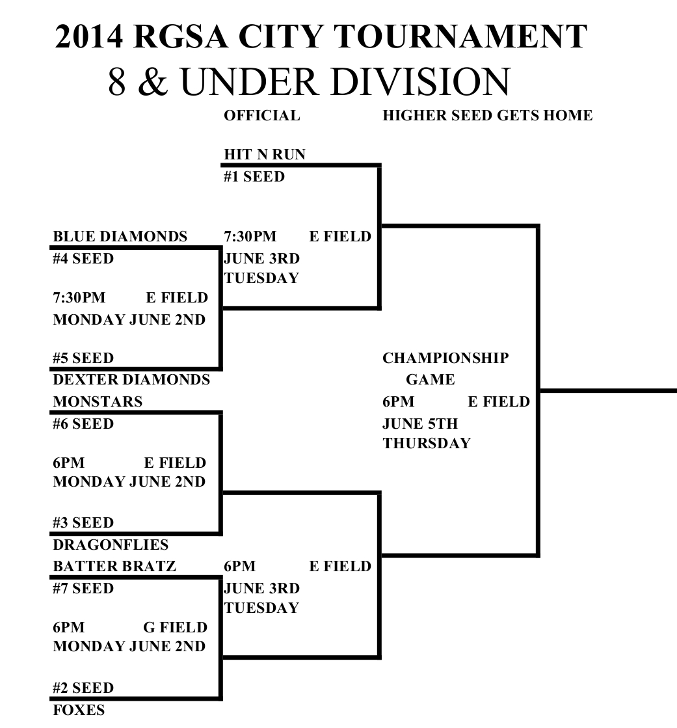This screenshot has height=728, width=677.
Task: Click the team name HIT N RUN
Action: coord(264,155)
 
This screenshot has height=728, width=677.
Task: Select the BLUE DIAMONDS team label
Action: coord(120,237)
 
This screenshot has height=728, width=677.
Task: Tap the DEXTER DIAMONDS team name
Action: coord(131,380)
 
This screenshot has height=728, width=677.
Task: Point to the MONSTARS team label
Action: coord(98,402)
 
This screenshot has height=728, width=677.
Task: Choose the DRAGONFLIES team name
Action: coord(111,545)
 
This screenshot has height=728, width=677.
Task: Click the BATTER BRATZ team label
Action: coord(114,567)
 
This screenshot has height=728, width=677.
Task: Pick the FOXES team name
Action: coord(78,710)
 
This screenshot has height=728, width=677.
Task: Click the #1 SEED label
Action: coord(254,176)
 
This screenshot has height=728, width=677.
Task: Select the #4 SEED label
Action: coord(83,259)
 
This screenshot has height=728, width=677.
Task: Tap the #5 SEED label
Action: coord(83,358)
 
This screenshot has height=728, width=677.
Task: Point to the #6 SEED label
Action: coord(83,424)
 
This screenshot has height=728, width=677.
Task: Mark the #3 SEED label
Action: coord(83,523)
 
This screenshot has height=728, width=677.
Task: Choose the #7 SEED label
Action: coord(83,589)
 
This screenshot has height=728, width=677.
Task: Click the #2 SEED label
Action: coord(83,688)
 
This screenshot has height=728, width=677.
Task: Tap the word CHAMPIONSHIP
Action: coord(445,358)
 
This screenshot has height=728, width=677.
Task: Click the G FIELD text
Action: coord(175,628)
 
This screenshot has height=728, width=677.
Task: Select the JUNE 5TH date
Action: coord(420,424)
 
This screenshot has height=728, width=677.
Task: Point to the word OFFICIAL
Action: coord(262,116)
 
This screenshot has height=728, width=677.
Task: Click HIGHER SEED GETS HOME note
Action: coord(488,116)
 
